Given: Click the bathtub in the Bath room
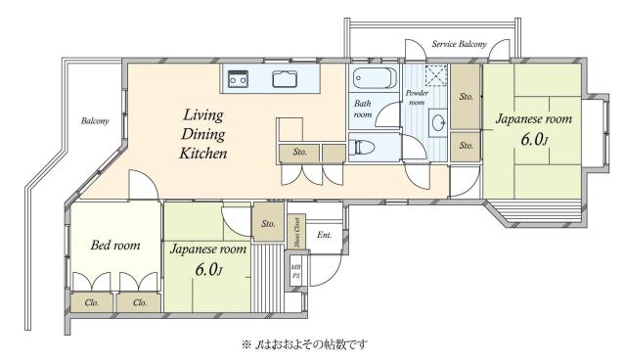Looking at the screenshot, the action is (375, 78).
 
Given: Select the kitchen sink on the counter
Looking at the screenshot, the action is (285, 78).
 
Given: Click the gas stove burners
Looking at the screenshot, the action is (238, 78).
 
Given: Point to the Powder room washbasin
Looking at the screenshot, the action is (438, 122).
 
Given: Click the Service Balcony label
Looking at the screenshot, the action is (459, 44).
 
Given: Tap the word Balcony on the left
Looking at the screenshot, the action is (95, 120).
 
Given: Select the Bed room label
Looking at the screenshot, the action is (115, 245).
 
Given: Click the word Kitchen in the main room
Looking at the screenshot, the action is (203, 154).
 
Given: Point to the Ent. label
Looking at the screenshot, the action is (325, 235).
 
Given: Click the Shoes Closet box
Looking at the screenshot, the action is (297, 232).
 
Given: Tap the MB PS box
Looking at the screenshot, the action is (295, 271).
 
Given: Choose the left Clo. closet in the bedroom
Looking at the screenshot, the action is (92, 302).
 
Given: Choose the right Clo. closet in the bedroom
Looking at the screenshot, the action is (139, 303).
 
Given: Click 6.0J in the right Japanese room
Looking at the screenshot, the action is (535, 140).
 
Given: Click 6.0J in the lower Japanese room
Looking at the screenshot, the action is (208, 270).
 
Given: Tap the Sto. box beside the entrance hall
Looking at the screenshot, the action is (269, 222).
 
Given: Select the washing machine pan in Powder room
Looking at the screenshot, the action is (436, 74).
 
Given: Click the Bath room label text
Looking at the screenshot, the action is (363, 109).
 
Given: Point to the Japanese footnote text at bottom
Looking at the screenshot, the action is (304, 344).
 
